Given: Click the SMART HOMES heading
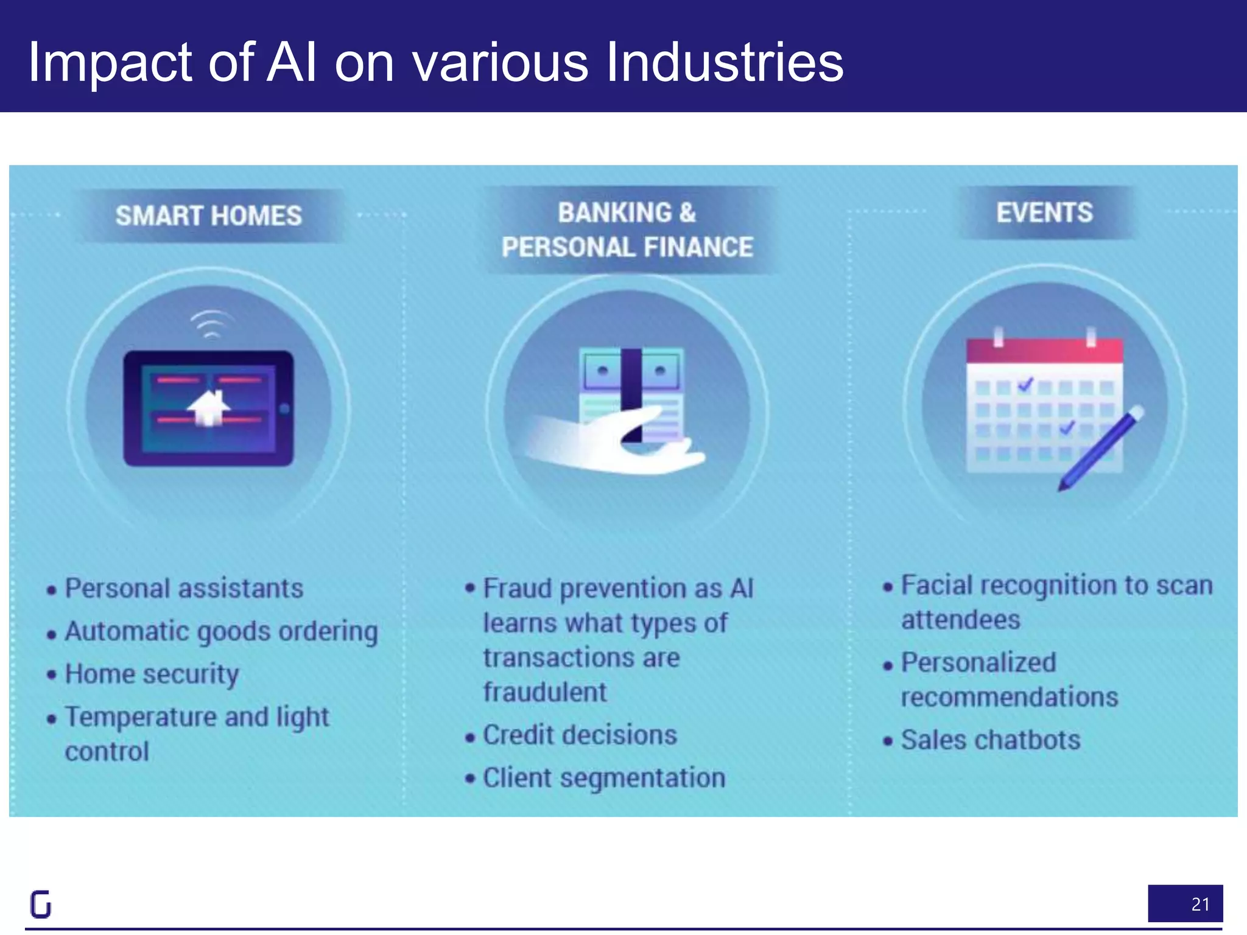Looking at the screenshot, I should (208, 216).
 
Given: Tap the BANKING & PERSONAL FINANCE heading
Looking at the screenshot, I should (627, 230).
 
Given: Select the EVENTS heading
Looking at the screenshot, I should (1044, 213).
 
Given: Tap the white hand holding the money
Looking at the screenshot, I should (609, 444).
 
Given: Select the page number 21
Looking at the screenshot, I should (1200, 904).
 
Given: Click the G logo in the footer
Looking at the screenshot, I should (41, 904).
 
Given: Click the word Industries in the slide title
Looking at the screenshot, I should (725, 62).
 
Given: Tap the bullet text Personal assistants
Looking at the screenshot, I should (184, 589).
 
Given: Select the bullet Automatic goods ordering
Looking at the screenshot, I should (221, 631).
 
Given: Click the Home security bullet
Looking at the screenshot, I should (152, 674).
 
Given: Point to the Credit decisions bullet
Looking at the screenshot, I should (580, 735).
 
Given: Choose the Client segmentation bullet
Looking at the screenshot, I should (604, 778).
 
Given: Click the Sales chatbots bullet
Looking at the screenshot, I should (991, 740).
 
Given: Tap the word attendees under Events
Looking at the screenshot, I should (960, 620).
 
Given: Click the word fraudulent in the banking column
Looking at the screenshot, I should (545, 692).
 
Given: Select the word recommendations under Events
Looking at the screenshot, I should (1010, 697).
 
